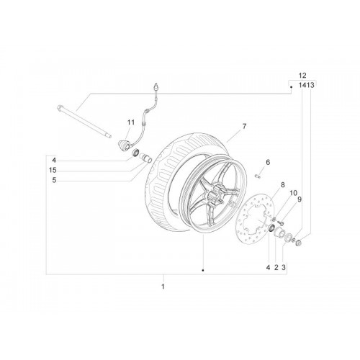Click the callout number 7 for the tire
point(244,126)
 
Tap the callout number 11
point(131,122)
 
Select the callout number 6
point(268,162)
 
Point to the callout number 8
point(283,185)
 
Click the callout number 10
point(293,193)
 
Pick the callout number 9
point(300,199)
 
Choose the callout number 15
point(53,170)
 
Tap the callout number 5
point(54,180)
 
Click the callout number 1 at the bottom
point(163,287)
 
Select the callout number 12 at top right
point(302,76)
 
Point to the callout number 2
point(276,267)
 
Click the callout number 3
point(284,267)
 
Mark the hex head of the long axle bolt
point(60,107)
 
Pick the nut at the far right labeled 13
point(299,243)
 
